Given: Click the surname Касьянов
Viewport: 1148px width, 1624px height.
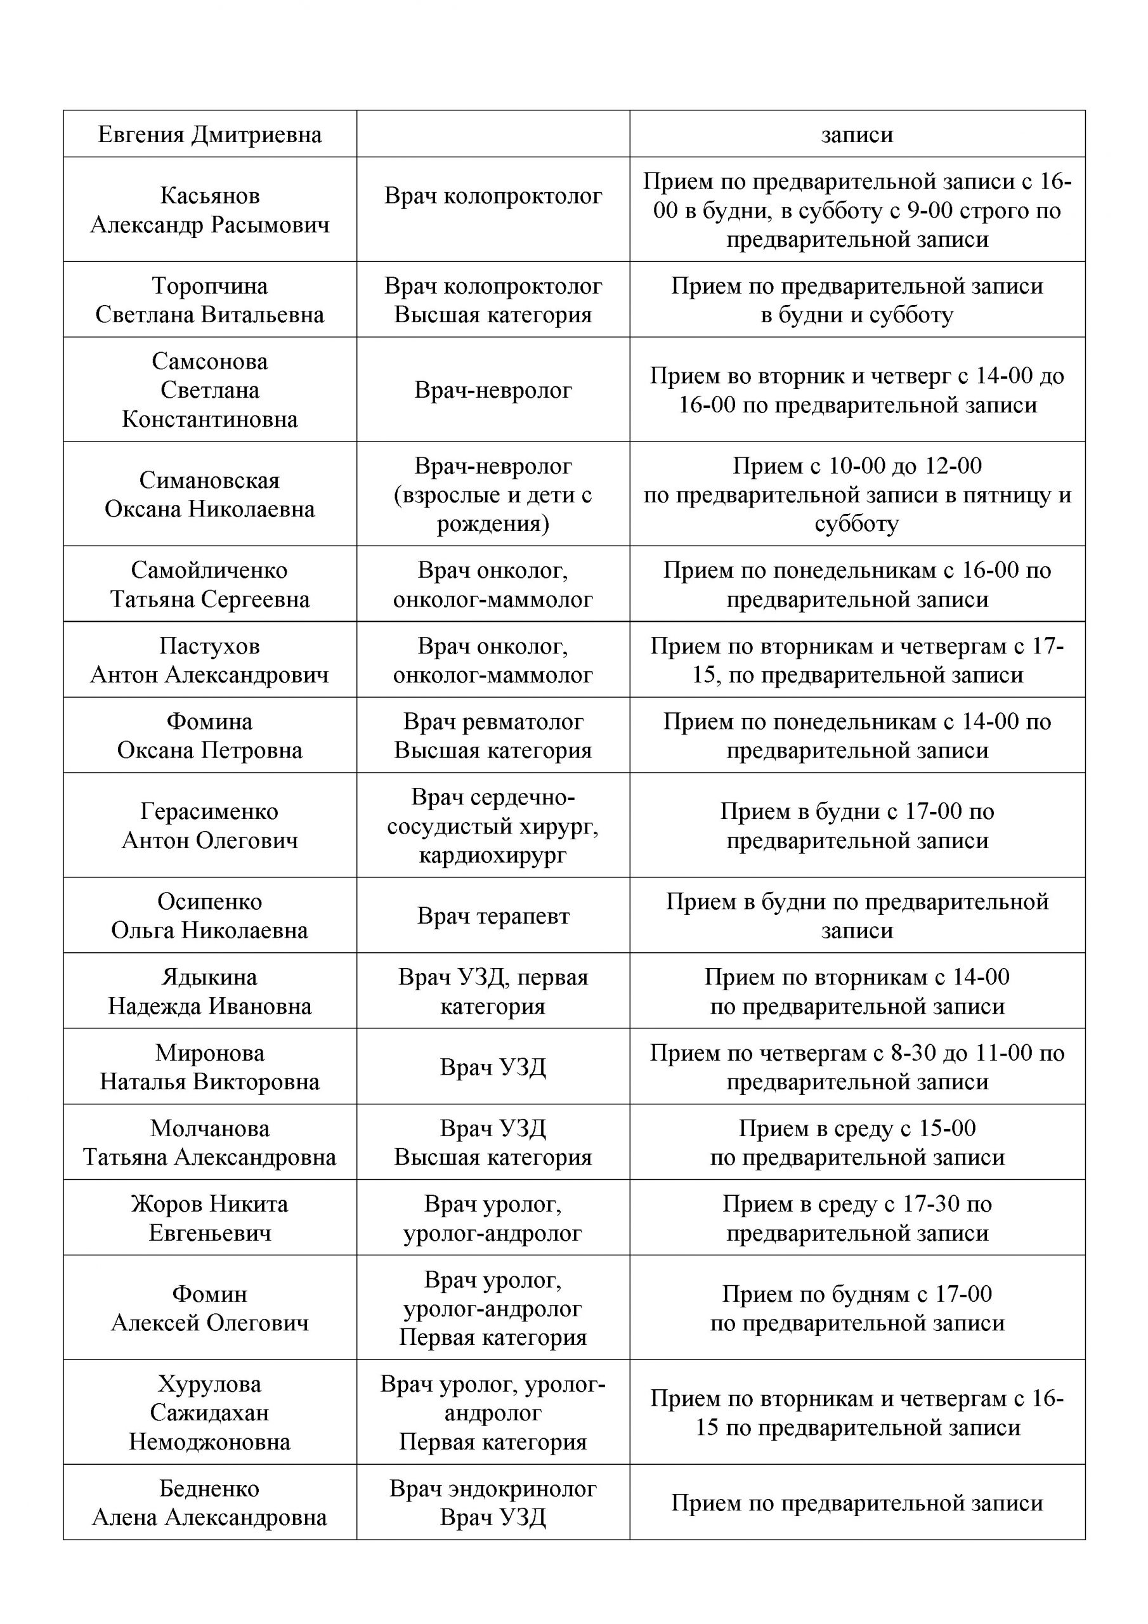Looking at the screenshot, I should coord(209,195).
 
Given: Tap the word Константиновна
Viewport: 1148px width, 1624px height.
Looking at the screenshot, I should coord(209,419).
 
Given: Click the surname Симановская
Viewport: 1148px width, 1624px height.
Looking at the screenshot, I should coord(209,480).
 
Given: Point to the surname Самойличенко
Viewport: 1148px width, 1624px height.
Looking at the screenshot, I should coord(209,570).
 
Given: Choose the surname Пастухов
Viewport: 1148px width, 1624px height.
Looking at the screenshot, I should coord(209,646).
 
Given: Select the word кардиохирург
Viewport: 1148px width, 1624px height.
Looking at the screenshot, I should coord(493,855).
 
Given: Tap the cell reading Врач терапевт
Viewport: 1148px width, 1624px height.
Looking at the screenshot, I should coord(493,916).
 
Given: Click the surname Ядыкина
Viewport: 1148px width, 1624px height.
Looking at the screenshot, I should coord(209,978).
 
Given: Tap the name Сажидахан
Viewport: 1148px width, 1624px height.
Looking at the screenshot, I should coord(209,1413).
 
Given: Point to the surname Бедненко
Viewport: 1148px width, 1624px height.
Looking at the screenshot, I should coord(209,1489).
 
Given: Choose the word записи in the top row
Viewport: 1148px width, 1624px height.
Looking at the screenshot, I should coord(857,134).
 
